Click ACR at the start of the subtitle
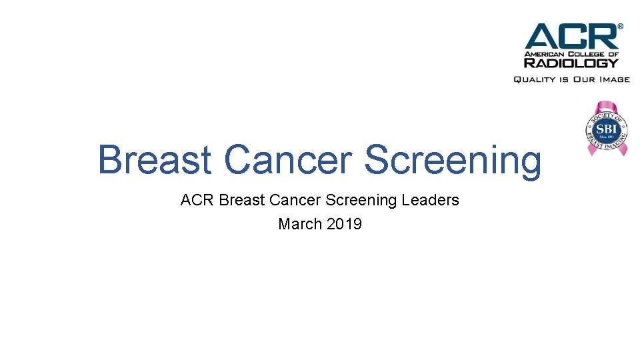pos(197,200)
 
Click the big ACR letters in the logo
pos(571,37)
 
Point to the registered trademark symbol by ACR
pos(621,27)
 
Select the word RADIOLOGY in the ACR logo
pos(571,63)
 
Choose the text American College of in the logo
pos(571,53)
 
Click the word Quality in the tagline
pos(534,79)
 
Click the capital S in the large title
pos(377,160)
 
